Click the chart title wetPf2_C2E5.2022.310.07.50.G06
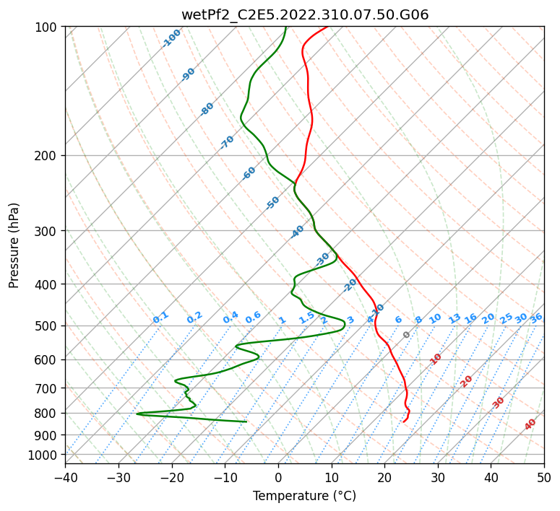pyautogui.click(x=304, y=15)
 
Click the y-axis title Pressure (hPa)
pyautogui.click(x=14, y=245)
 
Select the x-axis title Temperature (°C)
pyautogui.click(x=304, y=496)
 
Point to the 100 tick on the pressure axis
pyautogui.click(x=48, y=27)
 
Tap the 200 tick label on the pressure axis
pyautogui.click(x=48, y=156)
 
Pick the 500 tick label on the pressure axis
pyautogui.click(x=48, y=326)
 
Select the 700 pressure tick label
pyautogui.click(x=48, y=388)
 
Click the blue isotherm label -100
pyautogui.click(x=171, y=38)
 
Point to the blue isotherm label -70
pyautogui.click(x=227, y=142)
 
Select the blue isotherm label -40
pyautogui.click(x=297, y=232)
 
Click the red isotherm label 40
pyautogui.click(x=530, y=424)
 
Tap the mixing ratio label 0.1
pyautogui.click(x=160, y=317)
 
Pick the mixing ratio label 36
pyautogui.click(x=536, y=318)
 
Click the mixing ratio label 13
pyautogui.click(x=455, y=318)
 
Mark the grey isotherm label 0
pyautogui.click(x=407, y=335)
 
